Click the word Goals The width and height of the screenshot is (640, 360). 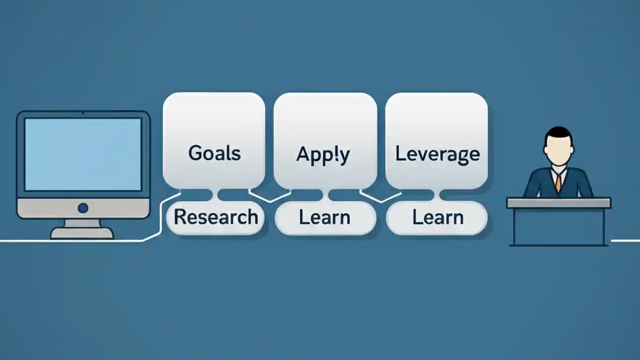tap(214, 153)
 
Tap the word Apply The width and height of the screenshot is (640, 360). tap(323, 155)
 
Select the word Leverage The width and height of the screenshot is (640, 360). tap(437, 154)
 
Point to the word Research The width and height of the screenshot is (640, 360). tap(215, 217)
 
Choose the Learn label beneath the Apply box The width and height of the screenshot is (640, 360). tap(324, 217)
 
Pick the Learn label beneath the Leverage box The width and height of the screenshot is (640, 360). tap(437, 217)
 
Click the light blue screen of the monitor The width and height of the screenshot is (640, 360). tap(83, 154)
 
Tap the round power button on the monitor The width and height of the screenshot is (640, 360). tap(83, 208)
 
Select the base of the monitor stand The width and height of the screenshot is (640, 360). tap(82, 233)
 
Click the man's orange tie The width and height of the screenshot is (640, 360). tap(558, 182)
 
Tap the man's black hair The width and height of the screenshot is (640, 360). tap(558, 132)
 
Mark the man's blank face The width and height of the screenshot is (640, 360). tap(558, 149)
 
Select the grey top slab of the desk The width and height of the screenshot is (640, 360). tap(558, 202)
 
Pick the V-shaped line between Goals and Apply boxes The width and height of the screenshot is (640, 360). tap(270, 197)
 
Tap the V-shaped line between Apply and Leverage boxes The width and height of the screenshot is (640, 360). tap(381, 197)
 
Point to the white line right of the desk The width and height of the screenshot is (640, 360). tap(625, 241)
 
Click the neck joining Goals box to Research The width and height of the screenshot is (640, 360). tap(215, 195)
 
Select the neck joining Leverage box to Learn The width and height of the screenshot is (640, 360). tap(437, 195)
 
